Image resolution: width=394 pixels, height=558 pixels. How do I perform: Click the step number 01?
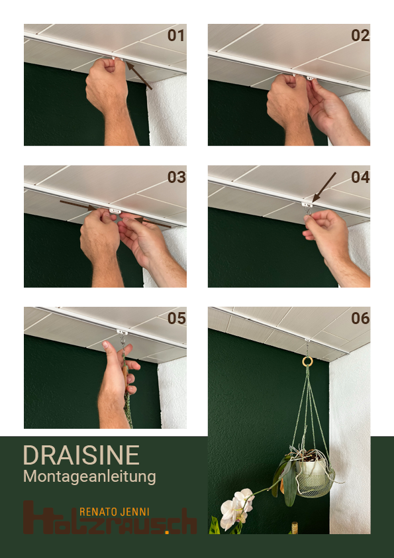tap(175, 36)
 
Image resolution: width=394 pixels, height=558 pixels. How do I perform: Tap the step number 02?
tap(360, 36)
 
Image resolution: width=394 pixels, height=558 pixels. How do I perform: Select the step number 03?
tap(176, 178)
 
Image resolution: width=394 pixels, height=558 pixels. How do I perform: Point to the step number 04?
tap(360, 178)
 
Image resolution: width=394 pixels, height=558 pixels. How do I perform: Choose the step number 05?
tap(176, 319)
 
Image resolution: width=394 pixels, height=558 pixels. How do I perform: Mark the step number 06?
tap(360, 319)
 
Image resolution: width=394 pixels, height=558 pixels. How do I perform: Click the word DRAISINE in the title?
tap(81, 455)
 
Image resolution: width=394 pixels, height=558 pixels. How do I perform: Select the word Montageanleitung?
tap(89, 476)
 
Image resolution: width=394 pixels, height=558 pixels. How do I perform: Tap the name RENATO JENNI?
tap(115, 512)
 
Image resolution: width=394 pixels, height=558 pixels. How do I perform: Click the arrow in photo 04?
tap(324, 188)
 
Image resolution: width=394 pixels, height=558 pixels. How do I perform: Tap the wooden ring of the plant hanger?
tap(307, 361)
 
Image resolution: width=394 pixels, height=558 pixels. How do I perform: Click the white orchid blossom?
tap(235, 510)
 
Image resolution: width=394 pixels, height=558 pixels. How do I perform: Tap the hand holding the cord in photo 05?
tap(118, 378)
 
